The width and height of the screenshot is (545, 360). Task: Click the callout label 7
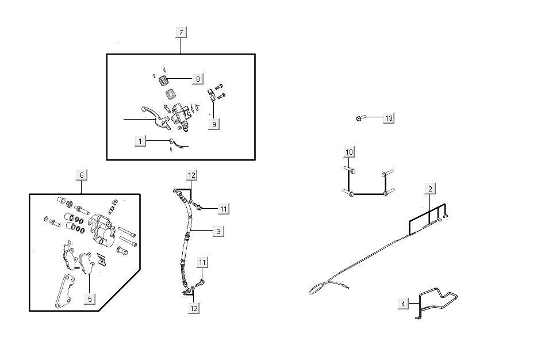181,32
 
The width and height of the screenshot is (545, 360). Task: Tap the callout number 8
197,78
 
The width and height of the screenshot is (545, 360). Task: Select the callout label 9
213,124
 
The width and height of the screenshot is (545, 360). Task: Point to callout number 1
140,140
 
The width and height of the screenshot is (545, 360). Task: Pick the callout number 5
89,298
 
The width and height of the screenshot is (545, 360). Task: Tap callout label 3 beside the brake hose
218,231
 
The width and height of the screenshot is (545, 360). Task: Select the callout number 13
389,118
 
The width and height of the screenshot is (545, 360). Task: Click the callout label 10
350,152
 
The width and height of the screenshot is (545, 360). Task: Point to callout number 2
429,188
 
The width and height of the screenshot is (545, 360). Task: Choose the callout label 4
403,303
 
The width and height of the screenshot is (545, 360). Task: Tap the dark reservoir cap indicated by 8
163,79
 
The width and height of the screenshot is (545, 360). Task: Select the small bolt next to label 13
359,118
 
